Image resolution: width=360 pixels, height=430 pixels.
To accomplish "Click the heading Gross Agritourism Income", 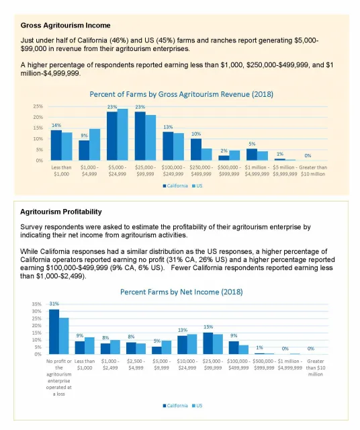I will pyautogui.click(x=65, y=26).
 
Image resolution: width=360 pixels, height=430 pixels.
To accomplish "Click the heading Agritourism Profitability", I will pyautogui.click(x=61, y=212).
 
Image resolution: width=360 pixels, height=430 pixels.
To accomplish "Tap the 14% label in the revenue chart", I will pyautogui.click(x=56, y=126).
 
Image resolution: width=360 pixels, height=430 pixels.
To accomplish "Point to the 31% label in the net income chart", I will pyautogui.click(x=54, y=304).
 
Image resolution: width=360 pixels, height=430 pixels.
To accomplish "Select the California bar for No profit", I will pyautogui.click(x=54, y=331).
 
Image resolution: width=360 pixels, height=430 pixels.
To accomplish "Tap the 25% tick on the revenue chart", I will pyautogui.click(x=38, y=106).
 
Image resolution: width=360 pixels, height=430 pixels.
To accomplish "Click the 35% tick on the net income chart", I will pyautogui.click(x=36, y=304).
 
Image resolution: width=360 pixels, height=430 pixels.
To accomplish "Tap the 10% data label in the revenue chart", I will pyautogui.click(x=195, y=134).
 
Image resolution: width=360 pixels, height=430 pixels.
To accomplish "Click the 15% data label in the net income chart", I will pyautogui.click(x=208, y=327).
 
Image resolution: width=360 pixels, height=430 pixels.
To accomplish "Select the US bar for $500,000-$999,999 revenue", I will pyautogui.click(x=234, y=155).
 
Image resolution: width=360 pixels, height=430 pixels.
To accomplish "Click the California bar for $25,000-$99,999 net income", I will pyautogui.click(x=208, y=343).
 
